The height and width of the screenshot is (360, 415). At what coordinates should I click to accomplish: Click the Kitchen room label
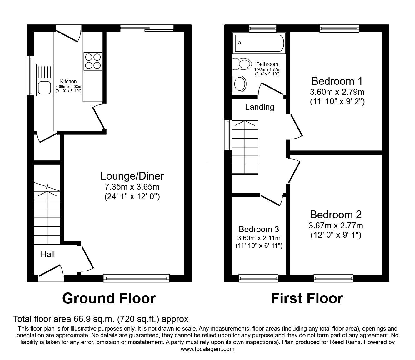[68, 81]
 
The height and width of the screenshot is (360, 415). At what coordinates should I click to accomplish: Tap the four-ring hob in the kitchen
[92, 61]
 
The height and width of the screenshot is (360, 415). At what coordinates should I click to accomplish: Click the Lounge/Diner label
[132, 176]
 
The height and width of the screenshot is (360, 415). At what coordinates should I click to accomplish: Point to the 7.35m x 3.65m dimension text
[132, 187]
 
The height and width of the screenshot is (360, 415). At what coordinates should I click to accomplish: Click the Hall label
[48, 254]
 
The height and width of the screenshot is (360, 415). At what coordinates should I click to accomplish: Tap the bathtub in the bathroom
[259, 43]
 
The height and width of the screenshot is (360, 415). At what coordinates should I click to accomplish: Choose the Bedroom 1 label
[337, 81]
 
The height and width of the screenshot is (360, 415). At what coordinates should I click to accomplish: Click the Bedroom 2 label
[336, 215]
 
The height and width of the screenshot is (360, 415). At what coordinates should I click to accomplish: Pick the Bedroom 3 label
[259, 229]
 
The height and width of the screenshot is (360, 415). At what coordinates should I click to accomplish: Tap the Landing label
[259, 107]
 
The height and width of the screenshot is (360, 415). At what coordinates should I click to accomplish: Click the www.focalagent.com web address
[207, 349]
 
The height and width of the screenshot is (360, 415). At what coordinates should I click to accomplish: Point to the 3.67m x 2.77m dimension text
[336, 225]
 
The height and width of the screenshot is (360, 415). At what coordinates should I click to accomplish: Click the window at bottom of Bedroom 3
[258, 278]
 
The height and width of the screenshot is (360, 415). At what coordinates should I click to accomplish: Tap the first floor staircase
[245, 147]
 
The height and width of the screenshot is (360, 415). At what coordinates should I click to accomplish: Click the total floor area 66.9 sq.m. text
[101, 319]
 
